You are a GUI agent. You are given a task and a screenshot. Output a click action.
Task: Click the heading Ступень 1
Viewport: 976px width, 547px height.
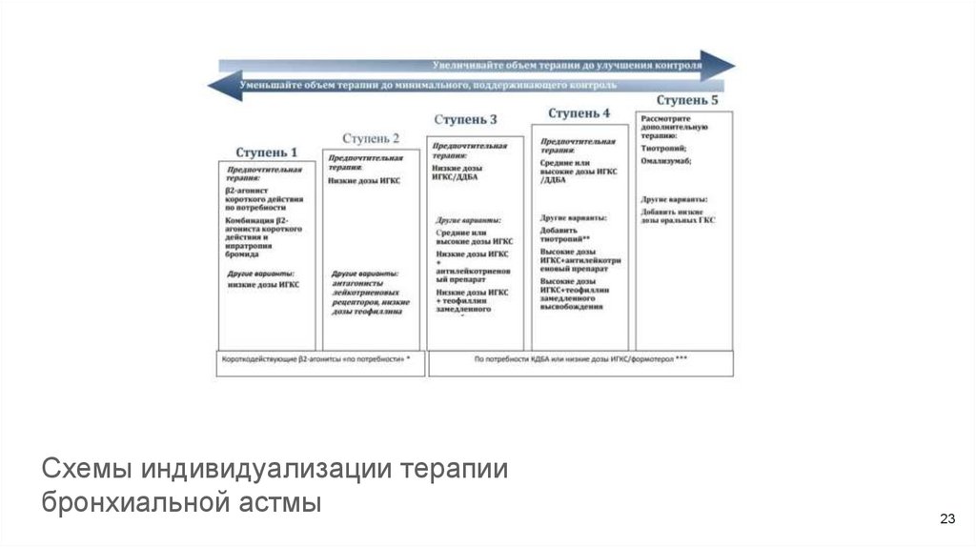point(267,152)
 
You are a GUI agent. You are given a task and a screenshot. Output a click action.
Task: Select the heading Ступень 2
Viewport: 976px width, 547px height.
point(371,137)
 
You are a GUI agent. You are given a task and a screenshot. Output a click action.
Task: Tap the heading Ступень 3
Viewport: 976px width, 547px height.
point(465,120)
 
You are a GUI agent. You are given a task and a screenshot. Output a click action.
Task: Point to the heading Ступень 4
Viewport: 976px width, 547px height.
point(579,113)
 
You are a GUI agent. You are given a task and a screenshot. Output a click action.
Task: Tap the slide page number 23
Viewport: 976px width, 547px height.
point(946,519)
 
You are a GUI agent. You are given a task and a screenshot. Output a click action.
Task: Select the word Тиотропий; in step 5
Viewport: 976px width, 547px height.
point(664,148)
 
